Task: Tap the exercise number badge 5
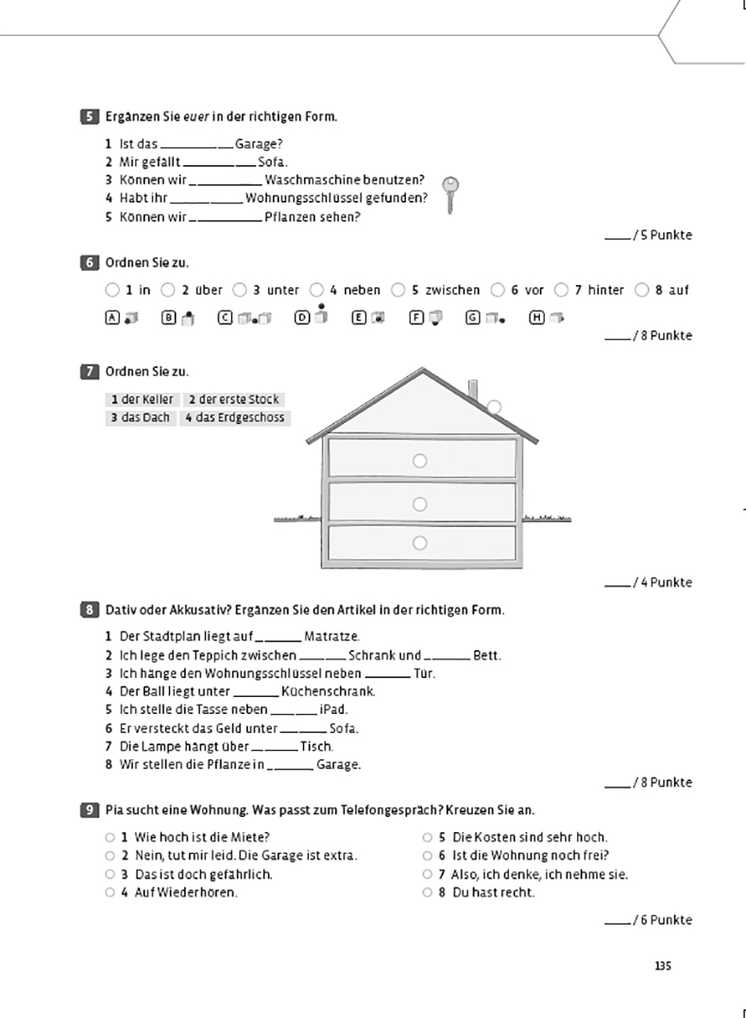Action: point(89,117)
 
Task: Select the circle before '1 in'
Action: point(112,290)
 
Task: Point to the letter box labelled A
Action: point(112,318)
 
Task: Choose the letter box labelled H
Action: point(536,318)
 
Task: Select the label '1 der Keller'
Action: point(142,399)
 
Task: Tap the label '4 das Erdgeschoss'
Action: point(233,417)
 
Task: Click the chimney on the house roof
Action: point(474,389)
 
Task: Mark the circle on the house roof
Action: point(494,406)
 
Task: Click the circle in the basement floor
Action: point(420,542)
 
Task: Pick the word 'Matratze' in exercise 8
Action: point(331,637)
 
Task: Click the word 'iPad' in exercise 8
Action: point(334,709)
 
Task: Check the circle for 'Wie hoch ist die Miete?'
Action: point(110,837)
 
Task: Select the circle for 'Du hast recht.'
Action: point(427,892)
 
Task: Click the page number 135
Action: point(662,965)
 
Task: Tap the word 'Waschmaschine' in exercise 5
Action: point(310,179)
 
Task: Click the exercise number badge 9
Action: point(89,810)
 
